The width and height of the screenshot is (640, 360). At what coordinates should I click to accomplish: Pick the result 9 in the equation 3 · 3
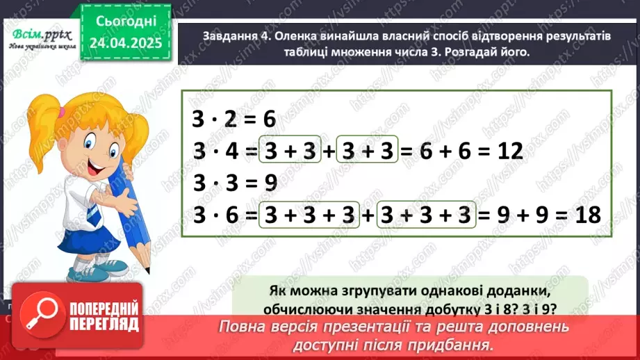tap(268, 183)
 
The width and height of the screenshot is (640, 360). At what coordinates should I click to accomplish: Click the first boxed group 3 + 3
tap(289, 152)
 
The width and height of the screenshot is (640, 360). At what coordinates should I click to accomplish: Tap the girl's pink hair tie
tap(63, 111)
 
